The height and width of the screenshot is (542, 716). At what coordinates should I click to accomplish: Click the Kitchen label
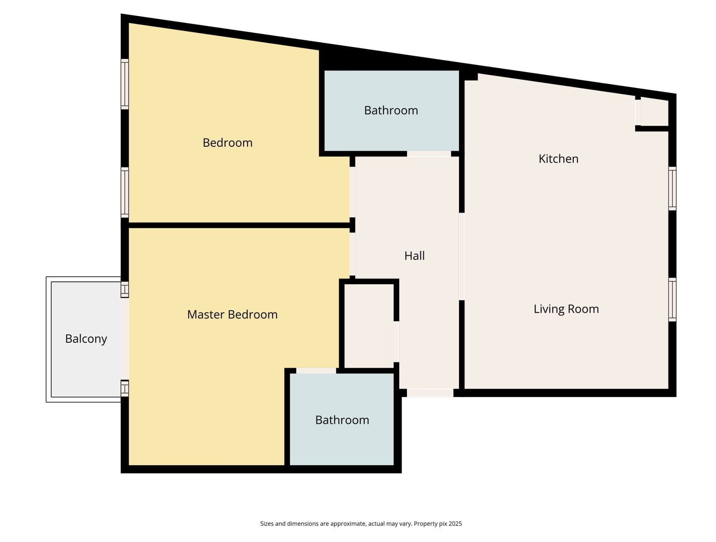coord(558,159)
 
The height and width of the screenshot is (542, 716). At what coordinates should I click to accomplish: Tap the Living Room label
coord(566,309)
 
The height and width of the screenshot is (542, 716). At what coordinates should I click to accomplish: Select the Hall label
coord(414,256)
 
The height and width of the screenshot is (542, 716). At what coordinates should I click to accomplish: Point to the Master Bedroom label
coord(232,314)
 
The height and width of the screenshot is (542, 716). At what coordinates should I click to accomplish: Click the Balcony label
coord(86,339)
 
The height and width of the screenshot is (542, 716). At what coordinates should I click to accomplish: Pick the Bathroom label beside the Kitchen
coord(391,110)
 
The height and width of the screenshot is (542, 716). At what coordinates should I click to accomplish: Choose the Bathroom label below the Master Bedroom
coord(342,420)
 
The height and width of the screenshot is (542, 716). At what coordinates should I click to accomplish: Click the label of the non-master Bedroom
coord(227,143)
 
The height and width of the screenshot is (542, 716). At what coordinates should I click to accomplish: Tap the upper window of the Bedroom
coord(125,84)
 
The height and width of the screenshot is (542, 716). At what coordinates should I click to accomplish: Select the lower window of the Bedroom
coord(125,192)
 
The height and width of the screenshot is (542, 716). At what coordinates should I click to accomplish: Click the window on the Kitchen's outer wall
coord(672,189)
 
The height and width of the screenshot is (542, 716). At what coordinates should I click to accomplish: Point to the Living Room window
coord(672,300)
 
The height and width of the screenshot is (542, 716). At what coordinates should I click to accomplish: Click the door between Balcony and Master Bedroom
coord(125,339)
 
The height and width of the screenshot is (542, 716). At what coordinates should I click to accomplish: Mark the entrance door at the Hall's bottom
coord(430,393)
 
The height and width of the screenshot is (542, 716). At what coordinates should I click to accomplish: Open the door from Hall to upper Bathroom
coord(429,154)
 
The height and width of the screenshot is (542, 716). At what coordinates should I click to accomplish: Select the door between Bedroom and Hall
coord(353,192)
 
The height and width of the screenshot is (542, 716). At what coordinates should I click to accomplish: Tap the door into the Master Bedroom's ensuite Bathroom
coord(316,370)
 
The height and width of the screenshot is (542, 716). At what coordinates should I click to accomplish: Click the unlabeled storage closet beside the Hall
coord(369,326)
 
